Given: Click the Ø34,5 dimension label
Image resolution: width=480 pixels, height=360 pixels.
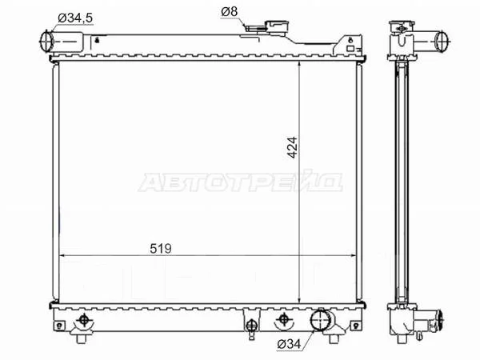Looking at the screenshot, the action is point(75,18).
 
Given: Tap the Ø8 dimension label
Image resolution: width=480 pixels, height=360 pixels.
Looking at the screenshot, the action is point(230,12).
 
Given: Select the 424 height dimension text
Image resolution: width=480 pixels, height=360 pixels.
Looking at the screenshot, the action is point(292,147).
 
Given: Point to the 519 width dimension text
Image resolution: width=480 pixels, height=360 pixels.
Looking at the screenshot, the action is point(161,249).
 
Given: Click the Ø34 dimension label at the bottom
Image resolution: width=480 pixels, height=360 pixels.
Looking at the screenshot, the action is point(289,344).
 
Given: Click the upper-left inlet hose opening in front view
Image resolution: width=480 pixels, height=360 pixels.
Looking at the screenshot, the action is point(46,42).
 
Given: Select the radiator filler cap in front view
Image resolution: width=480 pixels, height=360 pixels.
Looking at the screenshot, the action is point(277,26).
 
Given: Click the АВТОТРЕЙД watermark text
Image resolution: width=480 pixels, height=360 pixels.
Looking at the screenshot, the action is point(240,182).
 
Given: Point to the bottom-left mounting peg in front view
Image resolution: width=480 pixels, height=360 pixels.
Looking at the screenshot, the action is point(82,338).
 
